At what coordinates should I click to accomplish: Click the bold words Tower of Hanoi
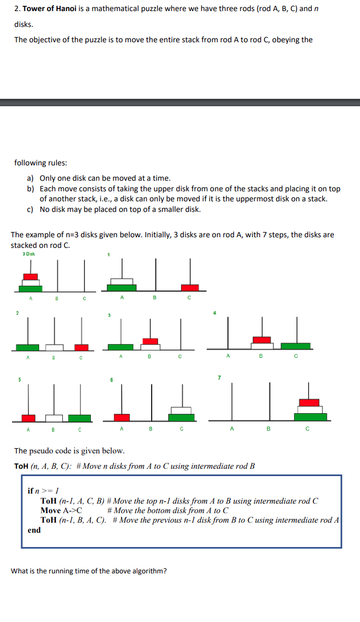49,9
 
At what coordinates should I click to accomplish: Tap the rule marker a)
31,179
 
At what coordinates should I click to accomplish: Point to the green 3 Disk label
29,254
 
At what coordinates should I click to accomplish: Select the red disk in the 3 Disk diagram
31,276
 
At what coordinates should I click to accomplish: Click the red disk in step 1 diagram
190,287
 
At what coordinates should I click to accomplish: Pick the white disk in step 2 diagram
54,347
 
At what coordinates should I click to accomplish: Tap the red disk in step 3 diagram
151,341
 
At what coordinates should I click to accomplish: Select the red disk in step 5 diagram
29,417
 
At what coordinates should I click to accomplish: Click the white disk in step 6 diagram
181,411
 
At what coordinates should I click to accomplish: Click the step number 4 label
215,313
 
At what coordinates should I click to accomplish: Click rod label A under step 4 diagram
228,356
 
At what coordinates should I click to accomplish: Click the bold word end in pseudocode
34,530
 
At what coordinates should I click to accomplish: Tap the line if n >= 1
43,491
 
